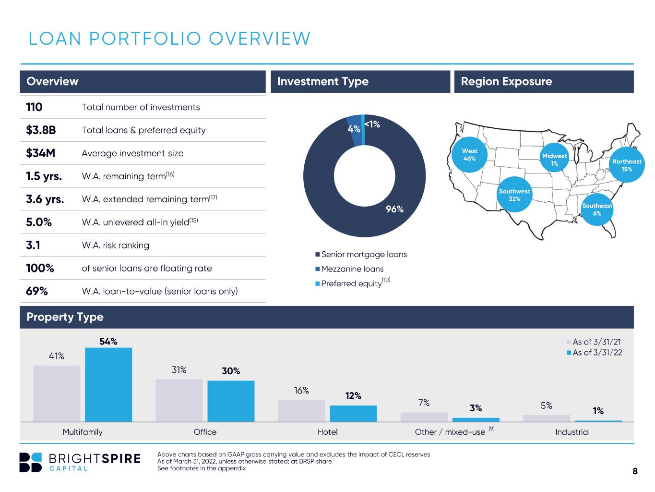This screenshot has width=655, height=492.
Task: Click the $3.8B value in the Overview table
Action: coord(41,130)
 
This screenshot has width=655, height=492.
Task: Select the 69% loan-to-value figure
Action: coord(36,291)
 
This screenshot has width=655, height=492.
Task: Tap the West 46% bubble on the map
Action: coord(469,154)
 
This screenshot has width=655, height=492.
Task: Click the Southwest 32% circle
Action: coord(514,195)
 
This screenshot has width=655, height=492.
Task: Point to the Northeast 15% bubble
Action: coord(627,165)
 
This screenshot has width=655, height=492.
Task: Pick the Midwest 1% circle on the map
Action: coord(554,158)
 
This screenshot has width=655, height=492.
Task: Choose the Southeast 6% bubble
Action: coord(597,209)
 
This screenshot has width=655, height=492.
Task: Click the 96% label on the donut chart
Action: coord(394,209)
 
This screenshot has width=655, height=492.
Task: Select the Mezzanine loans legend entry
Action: coord(349,269)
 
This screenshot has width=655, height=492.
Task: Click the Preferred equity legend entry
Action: coord(353,283)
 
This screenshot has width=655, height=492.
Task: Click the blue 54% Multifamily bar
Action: coord(108,384)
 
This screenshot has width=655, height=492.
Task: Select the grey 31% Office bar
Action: coord(179,400)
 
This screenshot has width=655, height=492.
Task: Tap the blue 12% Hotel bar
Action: coord(353,413)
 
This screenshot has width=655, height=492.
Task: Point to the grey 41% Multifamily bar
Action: coord(57,394)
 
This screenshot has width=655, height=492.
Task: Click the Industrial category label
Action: coord(572,432)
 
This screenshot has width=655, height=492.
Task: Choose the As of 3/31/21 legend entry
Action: coord(594,342)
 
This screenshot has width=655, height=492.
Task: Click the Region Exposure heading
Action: coord(506,81)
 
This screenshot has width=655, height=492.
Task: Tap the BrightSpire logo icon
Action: coord(30,462)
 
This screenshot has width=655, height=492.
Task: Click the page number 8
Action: coord(635,471)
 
